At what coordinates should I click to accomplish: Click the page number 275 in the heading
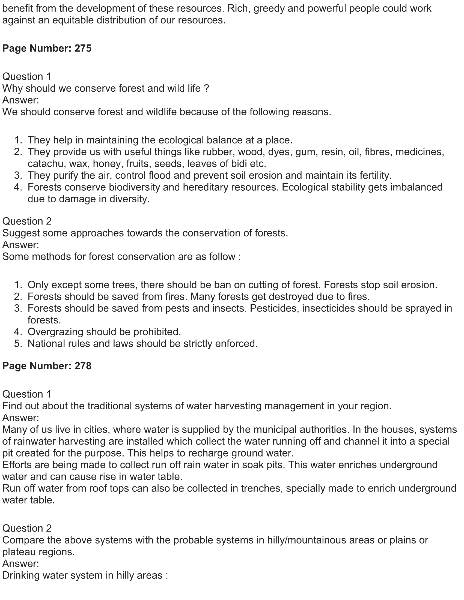[x=83, y=48]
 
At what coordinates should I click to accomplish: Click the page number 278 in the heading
[x=83, y=366]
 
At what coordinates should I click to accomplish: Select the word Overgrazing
[x=55, y=332]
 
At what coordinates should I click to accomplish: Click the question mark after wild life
[x=206, y=88]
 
